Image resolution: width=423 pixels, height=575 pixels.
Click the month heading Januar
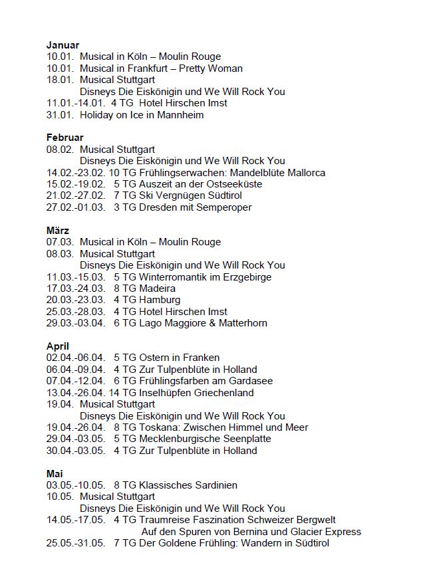(x=63, y=45)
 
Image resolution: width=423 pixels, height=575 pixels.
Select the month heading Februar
(x=65, y=138)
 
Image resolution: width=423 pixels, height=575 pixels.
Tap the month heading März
(x=58, y=231)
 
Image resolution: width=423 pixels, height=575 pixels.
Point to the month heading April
(x=58, y=346)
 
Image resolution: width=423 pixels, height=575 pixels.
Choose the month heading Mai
(x=55, y=474)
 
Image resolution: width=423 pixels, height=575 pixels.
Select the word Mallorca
(x=302, y=173)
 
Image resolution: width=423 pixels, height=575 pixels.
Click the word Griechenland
(x=224, y=393)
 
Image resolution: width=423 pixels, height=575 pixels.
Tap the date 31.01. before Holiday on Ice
(x=60, y=115)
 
